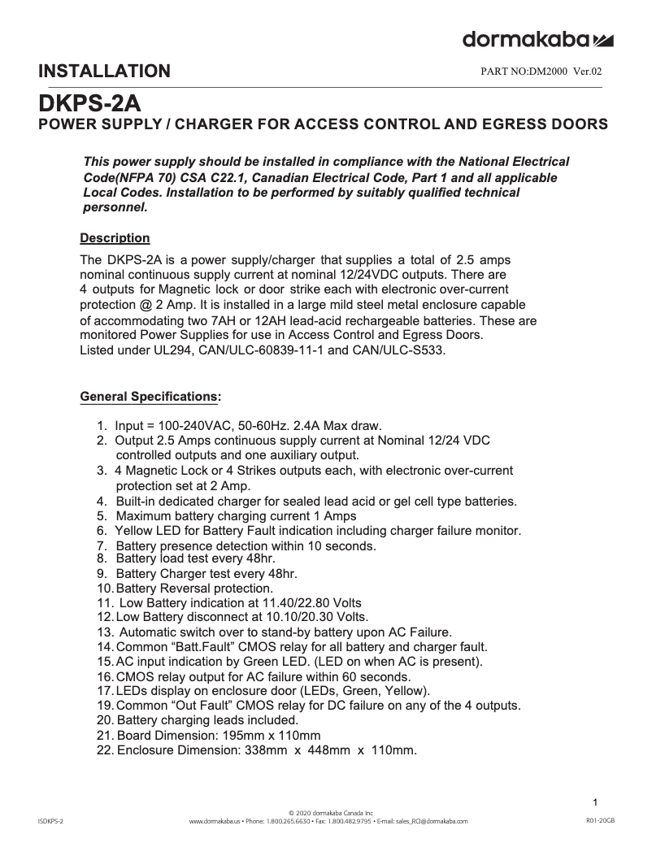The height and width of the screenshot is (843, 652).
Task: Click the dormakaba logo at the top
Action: pos(537,39)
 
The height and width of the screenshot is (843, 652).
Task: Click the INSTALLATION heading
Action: pos(105,72)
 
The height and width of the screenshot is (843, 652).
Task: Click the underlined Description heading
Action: pos(115,238)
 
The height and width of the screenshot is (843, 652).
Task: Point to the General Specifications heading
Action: pos(150,397)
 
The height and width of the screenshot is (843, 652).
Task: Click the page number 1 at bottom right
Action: pos(596,802)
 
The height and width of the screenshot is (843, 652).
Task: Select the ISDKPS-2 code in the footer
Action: pos(50,822)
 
